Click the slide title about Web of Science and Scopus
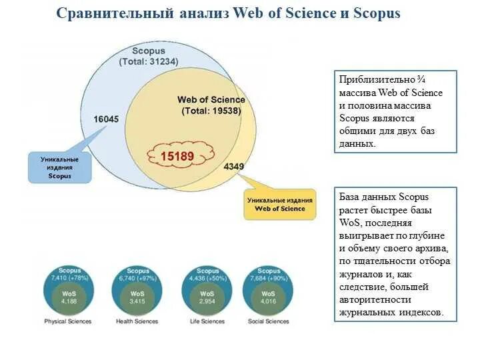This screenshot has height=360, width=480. [228, 13]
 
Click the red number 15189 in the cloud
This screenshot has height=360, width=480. [177, 156]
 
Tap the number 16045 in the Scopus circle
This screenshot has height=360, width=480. [105, 119]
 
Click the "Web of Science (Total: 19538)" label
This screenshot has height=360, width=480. [211, 105]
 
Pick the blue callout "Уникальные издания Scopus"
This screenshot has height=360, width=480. [59, 168]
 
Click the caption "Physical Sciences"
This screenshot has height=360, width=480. [68, 321]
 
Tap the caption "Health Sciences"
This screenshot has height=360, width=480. [137, 321]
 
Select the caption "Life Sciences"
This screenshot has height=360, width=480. [207, 321]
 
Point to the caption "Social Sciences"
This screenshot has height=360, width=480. [268, 321]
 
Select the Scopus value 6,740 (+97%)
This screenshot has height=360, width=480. [138, 277]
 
